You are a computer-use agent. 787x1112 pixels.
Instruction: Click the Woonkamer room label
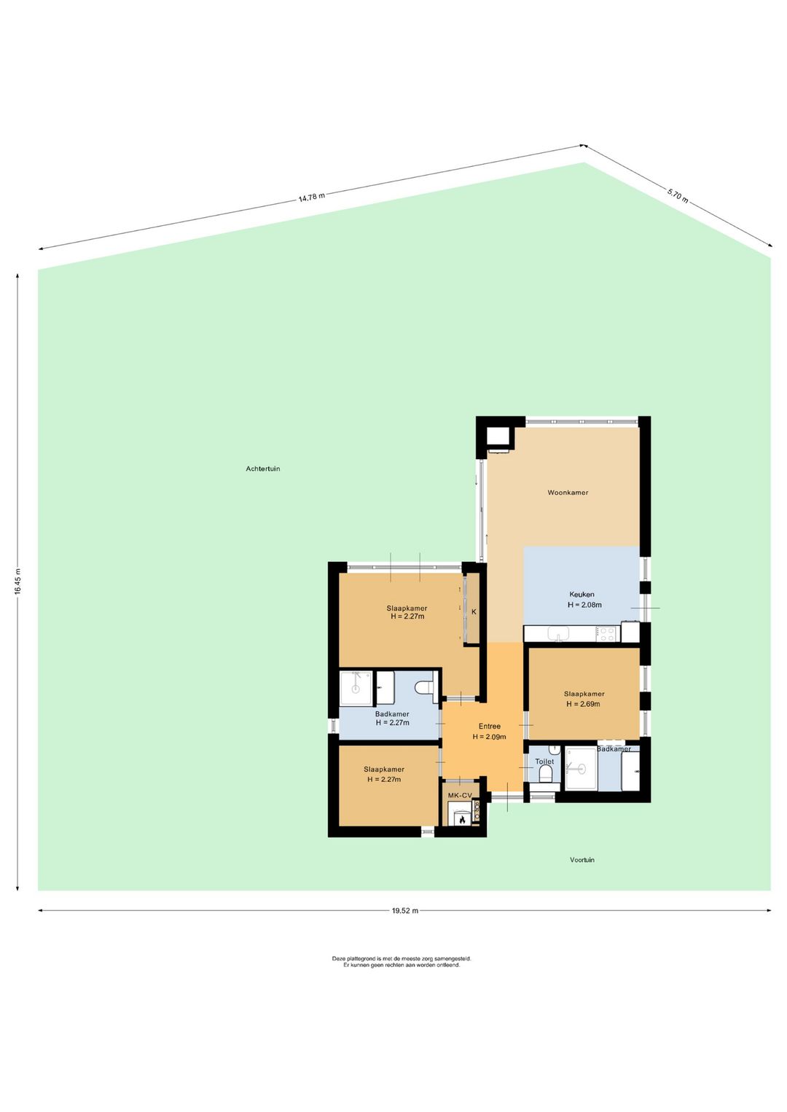(568, 493)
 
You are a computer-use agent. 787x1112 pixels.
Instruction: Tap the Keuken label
(582, 594)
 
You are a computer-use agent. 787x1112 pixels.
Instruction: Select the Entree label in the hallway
(489, 727)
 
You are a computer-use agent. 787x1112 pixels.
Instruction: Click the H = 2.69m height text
(583, 704)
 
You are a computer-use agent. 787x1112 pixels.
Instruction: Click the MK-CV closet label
(460, 795)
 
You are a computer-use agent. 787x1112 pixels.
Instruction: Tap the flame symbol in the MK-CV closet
(462, 820)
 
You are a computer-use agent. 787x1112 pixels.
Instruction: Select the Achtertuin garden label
(262, 469)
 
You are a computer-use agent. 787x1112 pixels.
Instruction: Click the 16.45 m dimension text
(17, 581)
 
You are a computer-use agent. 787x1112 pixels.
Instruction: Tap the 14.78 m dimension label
(311, 197)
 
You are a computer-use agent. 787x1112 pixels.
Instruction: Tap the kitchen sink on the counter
(559, 633)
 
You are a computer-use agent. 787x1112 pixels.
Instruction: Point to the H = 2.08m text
(584, 605)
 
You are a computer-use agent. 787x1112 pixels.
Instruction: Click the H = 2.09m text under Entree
(489, 737)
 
